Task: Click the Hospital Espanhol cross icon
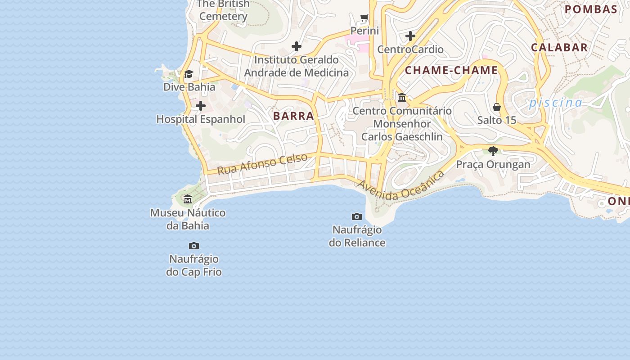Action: pyautogui.click(x=201, y=106)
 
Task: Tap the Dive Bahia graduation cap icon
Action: pyautogui.click(x=189, y=74)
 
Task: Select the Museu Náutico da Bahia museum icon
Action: pyautogui.click(x=188, y=199)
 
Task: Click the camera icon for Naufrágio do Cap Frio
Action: pyautogui.click(x=194, y=246)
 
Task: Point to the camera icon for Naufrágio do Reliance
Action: pyautogui.click(x=357, y=217)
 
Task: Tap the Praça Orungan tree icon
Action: pyautogui.click(x=493, y=151)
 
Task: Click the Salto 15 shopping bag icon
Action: pyautogui.click(x=497, y=107)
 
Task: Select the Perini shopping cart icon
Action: pyautogui.click(x=364, y=18)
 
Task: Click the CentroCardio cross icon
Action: pyautogui.click(x=410, y=36)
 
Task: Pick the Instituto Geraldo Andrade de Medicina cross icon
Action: pyautogui.click(x=297, y=46)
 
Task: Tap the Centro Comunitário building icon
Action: pyautogui.click(x=402, y=97)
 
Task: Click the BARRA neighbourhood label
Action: pyautogui.click(x=293, y=116)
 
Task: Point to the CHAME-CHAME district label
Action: pyautogui.click(x=451, y=70)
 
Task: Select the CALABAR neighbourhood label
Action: pyautogui.click(x=559, y=47)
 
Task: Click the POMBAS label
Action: pyautogui.click(x=591, y=9)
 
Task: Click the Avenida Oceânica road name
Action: pyautogui.click(x=400, y=185)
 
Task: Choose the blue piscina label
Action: pyautogui.click(x=555, y=103)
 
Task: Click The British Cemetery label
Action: pyautogui.click(x=223, y=10)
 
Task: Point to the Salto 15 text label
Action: pyautogui.click(x=497, y=120)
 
